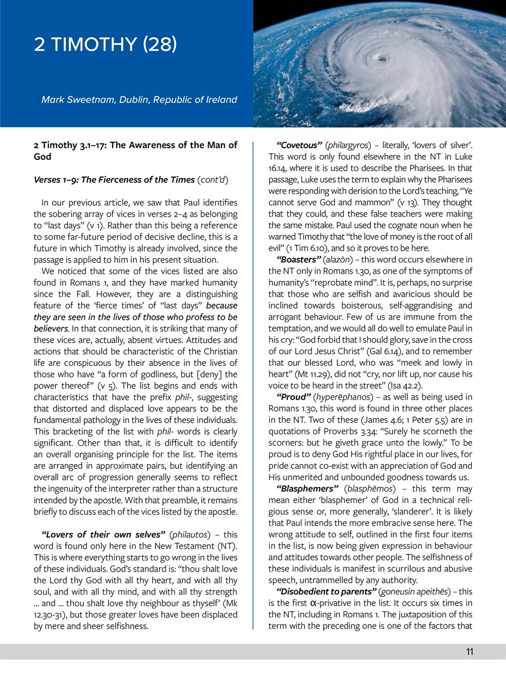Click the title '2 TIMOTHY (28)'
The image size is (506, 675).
pos(105,44)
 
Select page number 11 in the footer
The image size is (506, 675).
pos(470,652)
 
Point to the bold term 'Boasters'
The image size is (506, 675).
pos(298,259)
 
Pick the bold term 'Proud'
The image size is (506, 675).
pos(294,397)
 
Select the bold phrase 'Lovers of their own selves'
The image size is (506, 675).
pos(103,534)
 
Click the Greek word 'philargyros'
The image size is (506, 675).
pos(348,145)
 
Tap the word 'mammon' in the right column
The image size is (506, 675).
pos(396,202)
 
